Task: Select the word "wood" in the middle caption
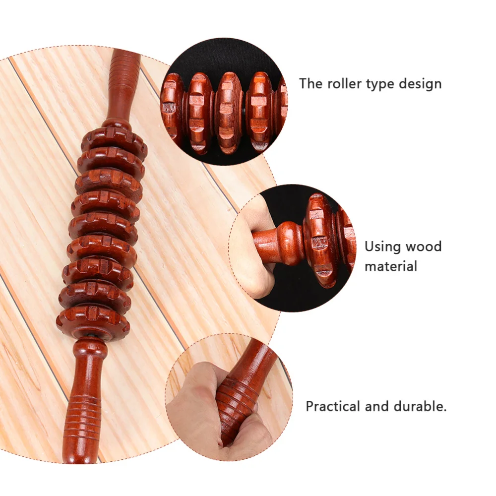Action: tap(423, 247)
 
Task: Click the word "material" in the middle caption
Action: tap(391, 266)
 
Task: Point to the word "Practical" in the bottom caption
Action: tap(333, 407)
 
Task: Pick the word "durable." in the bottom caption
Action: tap(420, 407)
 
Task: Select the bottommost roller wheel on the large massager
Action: tap(93, 321)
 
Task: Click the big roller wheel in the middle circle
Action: tap(319, 240)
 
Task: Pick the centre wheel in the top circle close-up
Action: tap(229, 113)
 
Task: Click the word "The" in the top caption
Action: tap(310, 83)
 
